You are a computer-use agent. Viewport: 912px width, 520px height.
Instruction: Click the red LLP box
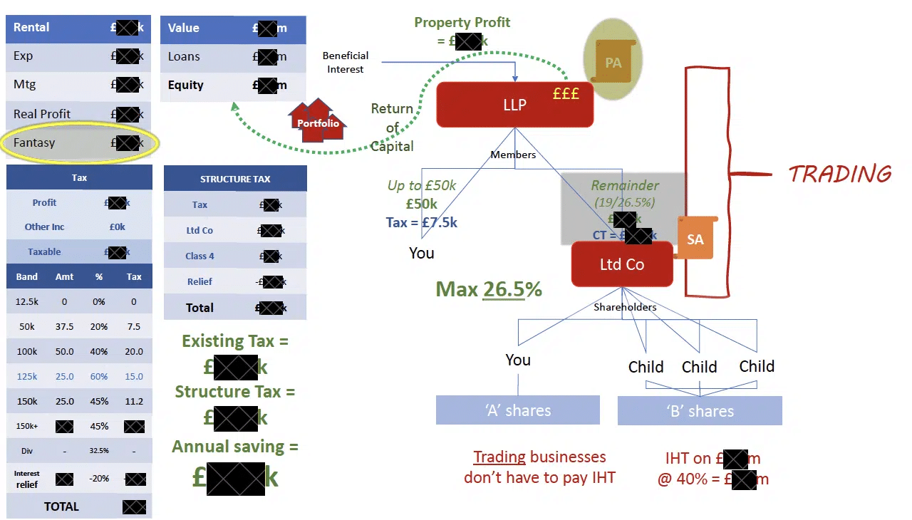514,105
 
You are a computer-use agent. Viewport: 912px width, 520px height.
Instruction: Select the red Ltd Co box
622,264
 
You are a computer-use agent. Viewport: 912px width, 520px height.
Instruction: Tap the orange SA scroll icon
695,239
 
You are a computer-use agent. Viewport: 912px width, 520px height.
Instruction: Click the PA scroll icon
613,63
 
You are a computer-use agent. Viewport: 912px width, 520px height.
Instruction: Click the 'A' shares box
518,410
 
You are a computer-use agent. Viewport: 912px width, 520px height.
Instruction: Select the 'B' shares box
700,411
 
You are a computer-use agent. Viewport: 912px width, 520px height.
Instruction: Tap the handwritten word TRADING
840,174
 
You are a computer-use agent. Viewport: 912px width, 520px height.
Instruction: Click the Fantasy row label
34,142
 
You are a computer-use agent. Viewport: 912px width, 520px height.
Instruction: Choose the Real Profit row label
42,113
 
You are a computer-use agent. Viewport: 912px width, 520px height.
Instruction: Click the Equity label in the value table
186,85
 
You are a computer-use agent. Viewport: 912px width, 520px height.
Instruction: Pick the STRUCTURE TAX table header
235,179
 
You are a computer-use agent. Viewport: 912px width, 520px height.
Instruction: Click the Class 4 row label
199,256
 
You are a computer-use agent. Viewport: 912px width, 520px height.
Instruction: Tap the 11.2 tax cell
134,401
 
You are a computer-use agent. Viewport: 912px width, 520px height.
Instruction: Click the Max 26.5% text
489,288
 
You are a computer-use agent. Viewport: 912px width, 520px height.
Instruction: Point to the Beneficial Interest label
346,62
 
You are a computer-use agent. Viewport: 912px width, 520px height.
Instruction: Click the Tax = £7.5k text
422,222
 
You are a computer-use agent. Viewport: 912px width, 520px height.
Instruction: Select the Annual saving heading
235,447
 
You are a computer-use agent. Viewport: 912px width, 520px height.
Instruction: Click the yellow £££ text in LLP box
566,94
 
